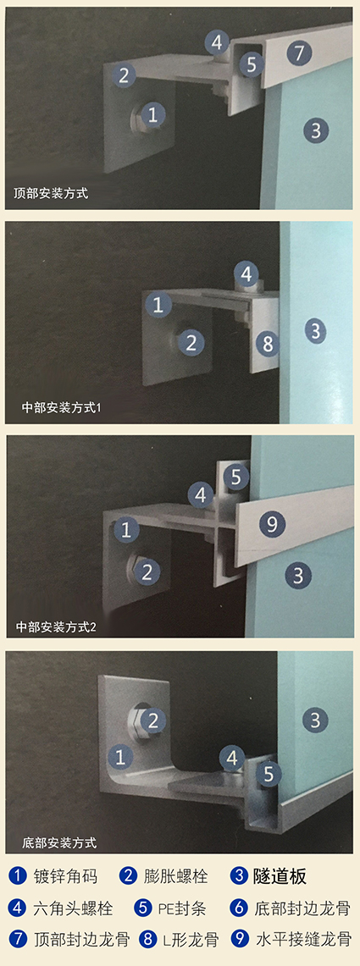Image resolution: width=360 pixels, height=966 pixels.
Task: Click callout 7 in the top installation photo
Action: coord(299,53)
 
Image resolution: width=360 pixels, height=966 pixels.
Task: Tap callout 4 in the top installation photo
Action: coord(216,42)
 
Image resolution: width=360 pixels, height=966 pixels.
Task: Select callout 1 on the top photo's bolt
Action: coord(152,114)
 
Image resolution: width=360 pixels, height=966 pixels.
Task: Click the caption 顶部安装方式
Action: coord(51,194)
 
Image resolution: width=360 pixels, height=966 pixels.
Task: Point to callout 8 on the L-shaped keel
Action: coord(268,344)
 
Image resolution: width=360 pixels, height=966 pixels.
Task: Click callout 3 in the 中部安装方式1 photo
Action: coord(315,331)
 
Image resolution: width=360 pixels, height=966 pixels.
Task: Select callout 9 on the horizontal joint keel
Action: coord(272,524)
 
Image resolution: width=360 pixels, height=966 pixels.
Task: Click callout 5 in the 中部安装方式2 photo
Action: coord(236,476)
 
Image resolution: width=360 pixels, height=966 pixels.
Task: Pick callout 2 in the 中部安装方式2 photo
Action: coord(147,572)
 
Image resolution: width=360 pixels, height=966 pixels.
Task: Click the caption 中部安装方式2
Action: coord(56,628)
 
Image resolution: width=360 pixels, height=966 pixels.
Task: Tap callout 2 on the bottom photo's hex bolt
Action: coord(153,719)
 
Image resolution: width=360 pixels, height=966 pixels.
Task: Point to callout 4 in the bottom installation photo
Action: coord(232,758)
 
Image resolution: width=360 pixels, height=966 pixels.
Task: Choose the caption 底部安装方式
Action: coord(59,842)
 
